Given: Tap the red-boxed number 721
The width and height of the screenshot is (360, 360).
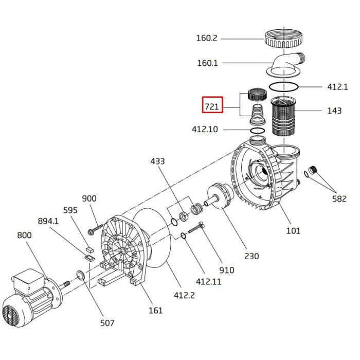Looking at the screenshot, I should pyautogui.click(x=212, y=106).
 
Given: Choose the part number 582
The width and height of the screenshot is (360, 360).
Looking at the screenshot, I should pyautogui.click(x=339, y=199).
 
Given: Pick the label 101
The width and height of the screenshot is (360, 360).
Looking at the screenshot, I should pyautogui.click(x=293, y=231).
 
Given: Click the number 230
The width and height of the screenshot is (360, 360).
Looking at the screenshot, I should pyautogui.click(x=251, y=256).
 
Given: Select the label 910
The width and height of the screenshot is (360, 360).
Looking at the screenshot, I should pyautogui.click(x=226, y=270).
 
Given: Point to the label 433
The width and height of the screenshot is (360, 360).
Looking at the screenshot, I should pyautogui.click(x=157, y=161).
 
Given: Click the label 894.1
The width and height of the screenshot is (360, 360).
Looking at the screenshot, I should pyautogui.click(x=48, y=221).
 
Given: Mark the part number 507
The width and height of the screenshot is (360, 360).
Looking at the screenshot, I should pyautogui.click(x=107, y=323).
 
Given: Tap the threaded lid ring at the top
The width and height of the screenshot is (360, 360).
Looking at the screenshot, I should pyautogui.click(x=282, y=39).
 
